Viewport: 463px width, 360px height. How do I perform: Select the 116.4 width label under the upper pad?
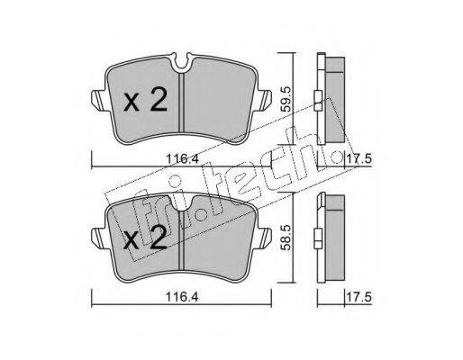click(183, 158)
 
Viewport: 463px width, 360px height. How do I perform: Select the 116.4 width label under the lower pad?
click(183, 297)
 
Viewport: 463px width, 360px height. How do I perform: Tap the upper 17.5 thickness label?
click(359, 158)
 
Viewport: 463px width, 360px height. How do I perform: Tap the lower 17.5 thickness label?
click(359, 297)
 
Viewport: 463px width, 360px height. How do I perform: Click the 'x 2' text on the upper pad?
click(145, 101)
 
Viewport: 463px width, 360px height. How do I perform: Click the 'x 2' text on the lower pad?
click(145, 238)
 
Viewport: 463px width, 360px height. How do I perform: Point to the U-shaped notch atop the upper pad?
click(182, 62)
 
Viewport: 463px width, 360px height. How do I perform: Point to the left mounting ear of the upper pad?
click(98, 100)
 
